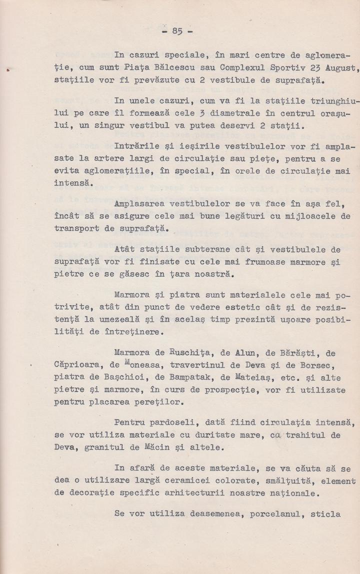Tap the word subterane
pyautogui.click(x=203, y=250)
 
